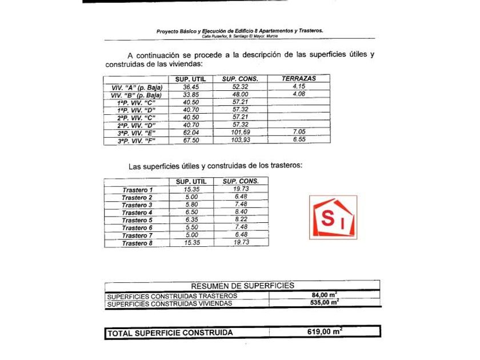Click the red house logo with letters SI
click(x=333, y=217)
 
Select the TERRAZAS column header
click(x=299, y=79)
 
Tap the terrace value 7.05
click(x=299, y=131)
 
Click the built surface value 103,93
click(x=241, y=139)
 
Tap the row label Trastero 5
click(x=137, y=220)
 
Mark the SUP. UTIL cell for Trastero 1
click(x=191, y=189)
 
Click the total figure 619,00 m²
click(x=323, y=331)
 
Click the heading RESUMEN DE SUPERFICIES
click(x=243, y=285)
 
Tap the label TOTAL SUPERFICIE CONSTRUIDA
click(x=170, y=333)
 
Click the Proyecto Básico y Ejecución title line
click(x=240, y=31)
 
